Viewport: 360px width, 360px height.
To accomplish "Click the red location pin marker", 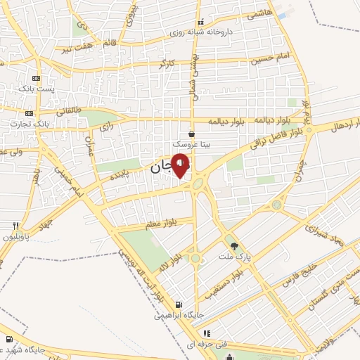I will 181,165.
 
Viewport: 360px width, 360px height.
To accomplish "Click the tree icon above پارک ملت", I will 234,246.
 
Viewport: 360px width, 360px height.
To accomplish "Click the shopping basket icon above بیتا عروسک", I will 191,133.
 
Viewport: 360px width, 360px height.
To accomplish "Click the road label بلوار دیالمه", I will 250,120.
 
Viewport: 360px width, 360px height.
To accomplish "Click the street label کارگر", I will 167,64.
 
